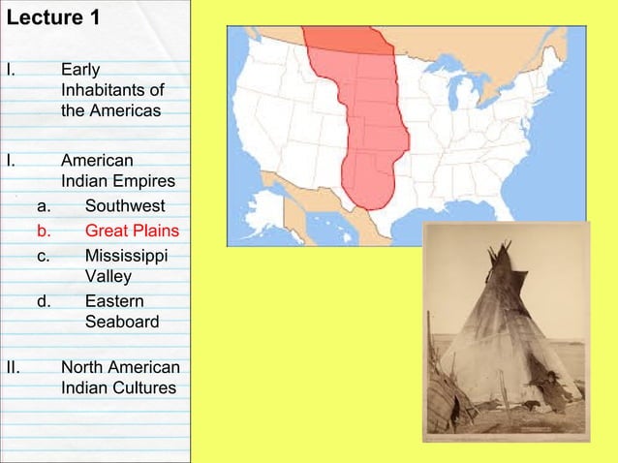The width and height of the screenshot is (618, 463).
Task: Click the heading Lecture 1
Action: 52,18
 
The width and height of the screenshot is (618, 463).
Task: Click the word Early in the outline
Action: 79,69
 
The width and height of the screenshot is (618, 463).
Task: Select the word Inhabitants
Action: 106,90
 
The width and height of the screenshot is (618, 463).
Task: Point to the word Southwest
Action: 125,206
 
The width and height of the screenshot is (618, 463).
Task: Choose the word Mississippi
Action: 126,256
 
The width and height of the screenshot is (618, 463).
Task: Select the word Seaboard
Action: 122,322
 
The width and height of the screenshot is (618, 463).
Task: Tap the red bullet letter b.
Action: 43,231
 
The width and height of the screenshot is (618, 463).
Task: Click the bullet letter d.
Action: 43,301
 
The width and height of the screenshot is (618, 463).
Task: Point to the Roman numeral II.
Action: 13,367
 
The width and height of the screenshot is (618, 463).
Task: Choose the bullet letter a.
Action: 43,206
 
